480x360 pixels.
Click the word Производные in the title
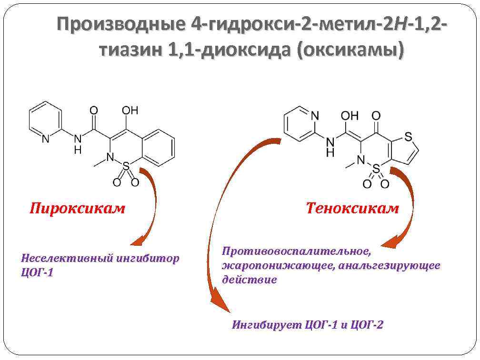coord(123,23)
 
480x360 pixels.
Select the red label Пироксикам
coord(77,209)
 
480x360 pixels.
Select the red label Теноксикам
coord(352,208)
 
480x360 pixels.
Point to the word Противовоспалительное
coord(296,250)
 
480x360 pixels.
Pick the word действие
coord(250,280)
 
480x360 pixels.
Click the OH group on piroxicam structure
coord(130,111)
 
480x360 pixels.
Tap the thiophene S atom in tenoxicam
coord(408,137)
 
